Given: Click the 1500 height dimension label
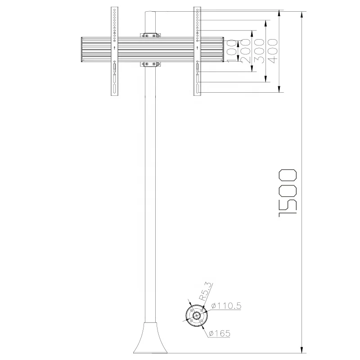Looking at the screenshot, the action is pyautogui.click(x=288, y=193).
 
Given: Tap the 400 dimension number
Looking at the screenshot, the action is pyautogui.click(x=273, y=51).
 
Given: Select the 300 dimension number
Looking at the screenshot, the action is pyautogui.click(x=259, y=51).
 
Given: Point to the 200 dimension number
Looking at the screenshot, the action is pyautogui.click(x=245, y=51).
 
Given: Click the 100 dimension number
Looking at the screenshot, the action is pyautogui.click(x=232, y=51).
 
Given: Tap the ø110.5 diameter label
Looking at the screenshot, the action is pyautogui.click(x=226, y=306).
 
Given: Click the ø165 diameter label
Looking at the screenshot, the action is pyautogui.click(x=220, y=333).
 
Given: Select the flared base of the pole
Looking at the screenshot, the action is pyautogui.click(x=150, y=337).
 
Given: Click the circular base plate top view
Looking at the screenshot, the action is pyautogui.click(x=197, y=316).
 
